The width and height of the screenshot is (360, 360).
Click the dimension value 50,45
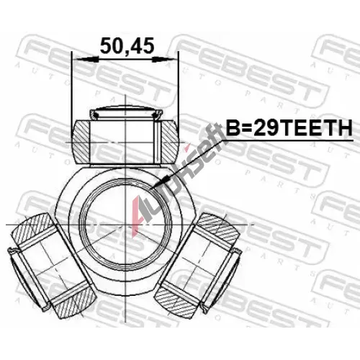(127, 46)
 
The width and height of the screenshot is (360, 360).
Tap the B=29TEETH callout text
(289, 128)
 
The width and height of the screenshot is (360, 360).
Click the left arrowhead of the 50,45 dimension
(86, 59)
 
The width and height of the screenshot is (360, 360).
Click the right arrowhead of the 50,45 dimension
(165, 59)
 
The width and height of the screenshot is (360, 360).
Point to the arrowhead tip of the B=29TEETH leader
(150, 189)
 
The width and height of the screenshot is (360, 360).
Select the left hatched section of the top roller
(81, 142)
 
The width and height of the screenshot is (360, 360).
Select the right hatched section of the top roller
(169, 142)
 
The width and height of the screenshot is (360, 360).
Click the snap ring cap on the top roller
(125, 113)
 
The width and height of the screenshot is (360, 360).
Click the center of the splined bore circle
(125, 225)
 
